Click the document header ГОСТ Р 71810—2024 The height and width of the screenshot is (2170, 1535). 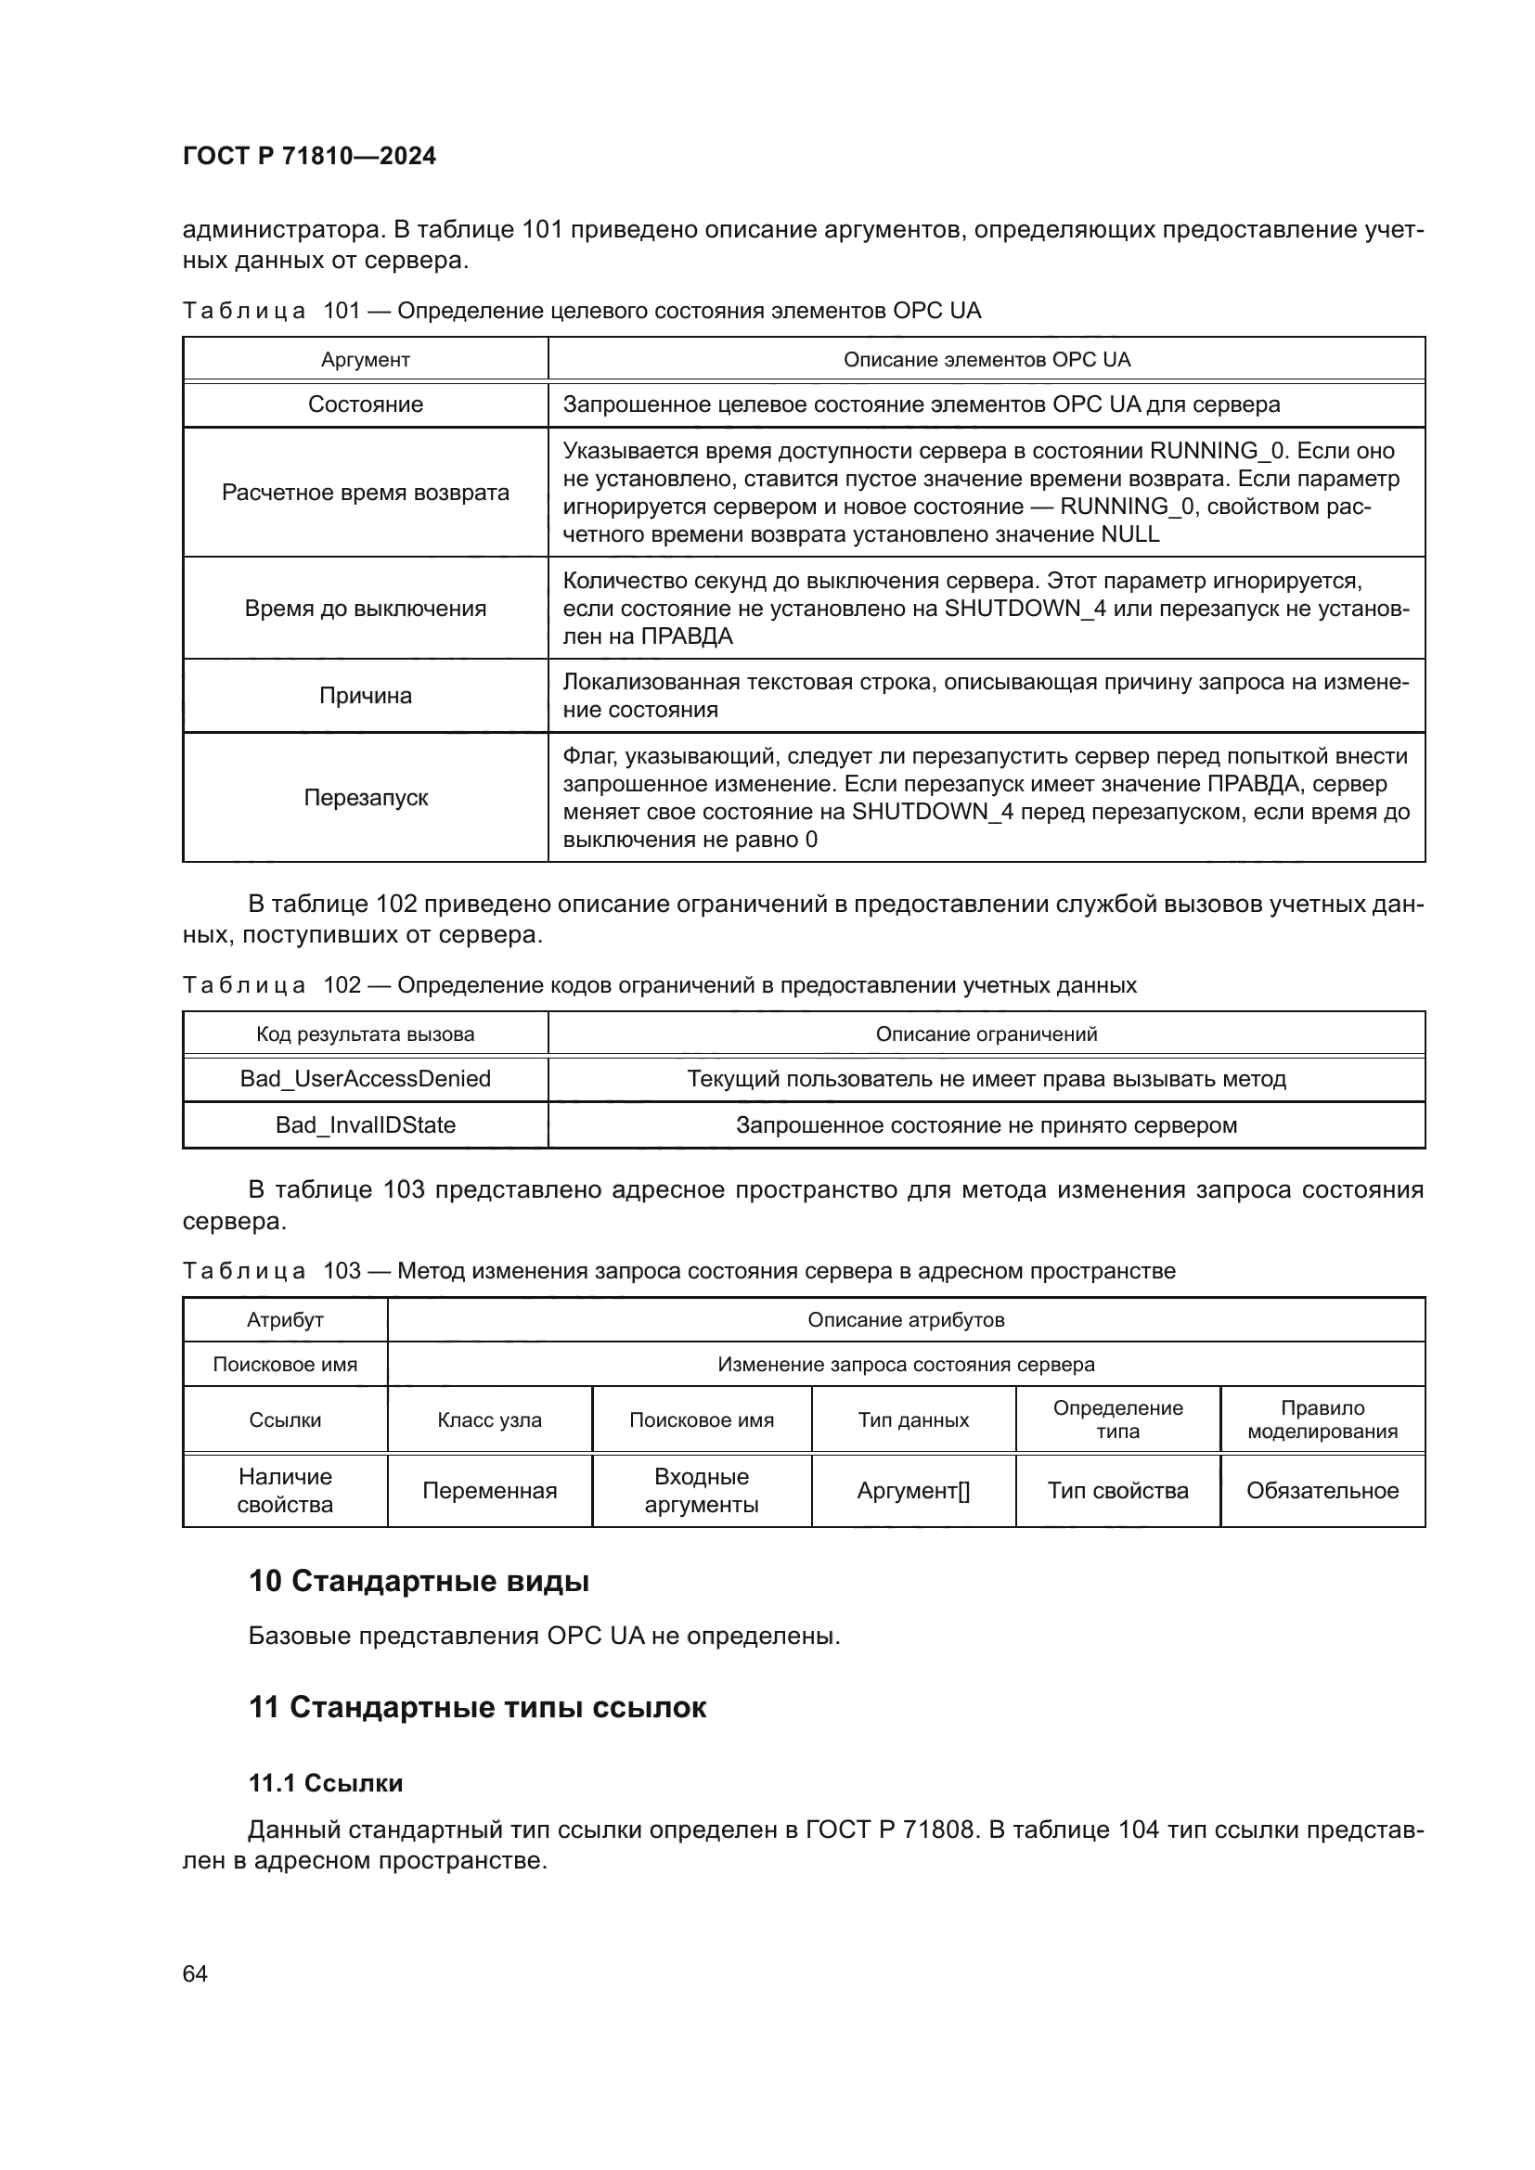pyautogui.click(x=309, y=156)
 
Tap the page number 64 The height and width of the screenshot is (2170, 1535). pyautogui.click(x=195, y=1973)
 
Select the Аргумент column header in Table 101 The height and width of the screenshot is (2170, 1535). pyautogui.click(x=365, y=359)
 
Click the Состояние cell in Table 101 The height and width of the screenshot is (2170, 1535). pyautogui.click(x=365, y=404)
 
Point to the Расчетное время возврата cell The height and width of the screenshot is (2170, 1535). pyautogui.click(x=365, y=493)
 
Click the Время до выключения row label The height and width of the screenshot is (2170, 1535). pyautogui.click(x=365, y=609)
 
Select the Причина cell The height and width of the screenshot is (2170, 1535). pyautogui.click(x=365, y=696)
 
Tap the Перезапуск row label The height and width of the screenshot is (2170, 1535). pyautogui.click(x=365, y=798)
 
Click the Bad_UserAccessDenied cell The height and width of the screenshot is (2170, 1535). pyautogui.click(x=365, y=1078)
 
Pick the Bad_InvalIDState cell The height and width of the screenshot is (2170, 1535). pyautogui.click(x=365, y=1124)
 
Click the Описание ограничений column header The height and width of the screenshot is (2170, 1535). pyautogui.click(x=986, y=1034)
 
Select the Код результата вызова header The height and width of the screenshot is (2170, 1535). pyautogui.click(x=365, y=1034)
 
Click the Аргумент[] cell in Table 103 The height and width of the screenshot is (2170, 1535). pyautogui.click(x=913, y=1491)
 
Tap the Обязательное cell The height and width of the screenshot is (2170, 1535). pyautogui.click(x=1322, y=1491)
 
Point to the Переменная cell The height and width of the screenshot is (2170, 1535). pyautogui.click(x=490, y=1491)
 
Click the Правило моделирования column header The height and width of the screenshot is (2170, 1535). pyautogui.click(x=1322, y=1419)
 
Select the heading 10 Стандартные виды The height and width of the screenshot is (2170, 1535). pyautogui.click(x=419, y=1581)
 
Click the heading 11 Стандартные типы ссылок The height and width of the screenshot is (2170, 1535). pyautogui.click(x=477, y=1707)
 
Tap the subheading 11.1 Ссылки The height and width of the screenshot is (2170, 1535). pyautogui.click(x=325, y=1782)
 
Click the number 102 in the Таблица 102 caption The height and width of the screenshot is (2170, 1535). pyautogui.click(x=342, y=985)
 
